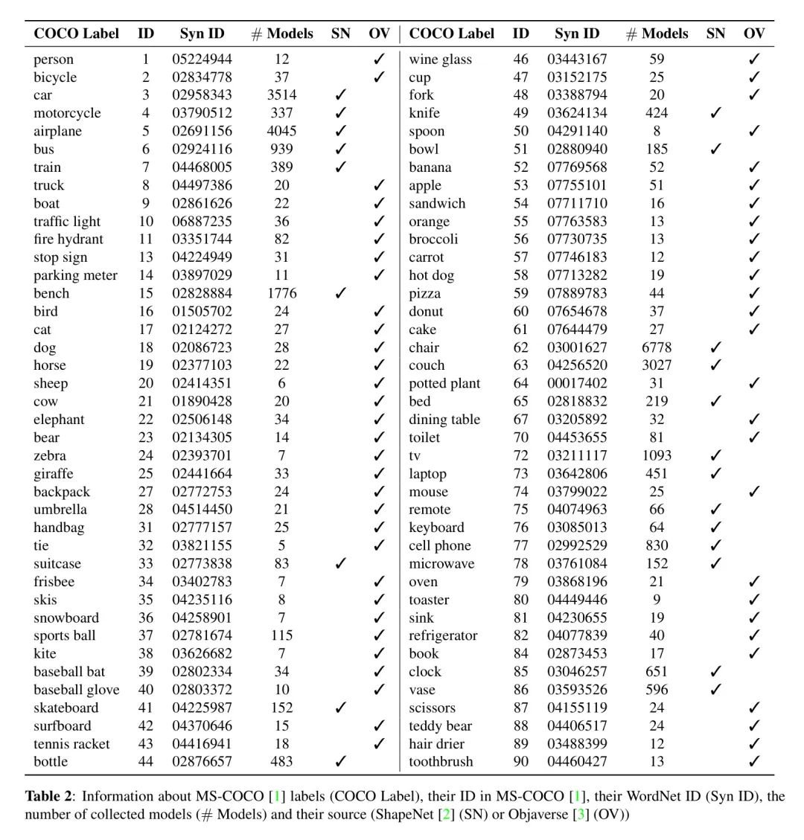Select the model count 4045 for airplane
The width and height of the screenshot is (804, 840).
[281, 131]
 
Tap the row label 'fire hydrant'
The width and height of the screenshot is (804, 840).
[68, 240]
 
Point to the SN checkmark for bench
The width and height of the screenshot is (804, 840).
[341, 293]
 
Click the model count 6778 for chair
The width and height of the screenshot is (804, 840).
[656, 347]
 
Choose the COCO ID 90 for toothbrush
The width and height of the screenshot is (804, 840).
[521, 762]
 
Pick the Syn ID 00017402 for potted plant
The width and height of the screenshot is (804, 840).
[577, 384]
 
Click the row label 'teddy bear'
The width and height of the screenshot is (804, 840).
[440, 726]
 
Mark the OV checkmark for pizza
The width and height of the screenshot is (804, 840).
[754, 293]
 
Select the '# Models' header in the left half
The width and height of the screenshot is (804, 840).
[281, 34]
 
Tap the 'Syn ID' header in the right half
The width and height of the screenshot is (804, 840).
[577, 34]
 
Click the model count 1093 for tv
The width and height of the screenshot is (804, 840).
[656, 455]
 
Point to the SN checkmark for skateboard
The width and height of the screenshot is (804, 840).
[341, 708]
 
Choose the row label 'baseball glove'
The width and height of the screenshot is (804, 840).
[76, 690]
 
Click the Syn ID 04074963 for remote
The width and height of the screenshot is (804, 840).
[577, 510]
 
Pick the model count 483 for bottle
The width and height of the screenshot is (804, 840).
[281, 762]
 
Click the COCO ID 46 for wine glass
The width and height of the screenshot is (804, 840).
[521, 60]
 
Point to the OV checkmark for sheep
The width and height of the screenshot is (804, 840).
[379, 384]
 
